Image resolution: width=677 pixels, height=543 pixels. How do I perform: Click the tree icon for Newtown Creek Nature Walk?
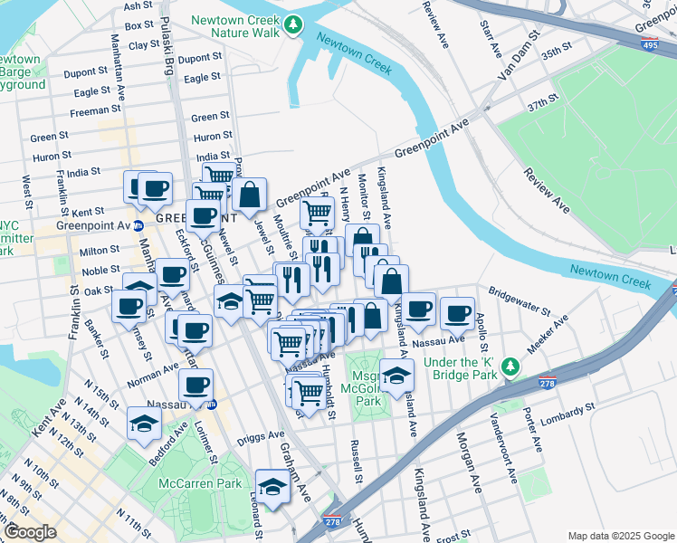pos(292,28)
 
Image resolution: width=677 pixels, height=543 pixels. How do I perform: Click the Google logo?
pos(30,532)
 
